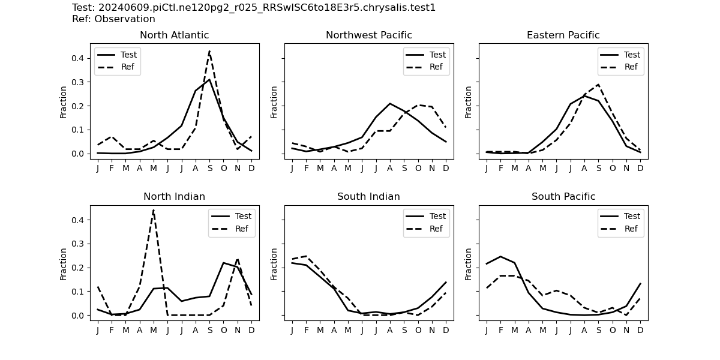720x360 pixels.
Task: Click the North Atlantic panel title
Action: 174,35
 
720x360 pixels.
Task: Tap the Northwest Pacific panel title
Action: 368,35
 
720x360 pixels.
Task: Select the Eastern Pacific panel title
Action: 563,35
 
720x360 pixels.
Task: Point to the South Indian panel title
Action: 368,197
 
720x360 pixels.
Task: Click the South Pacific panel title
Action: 563,197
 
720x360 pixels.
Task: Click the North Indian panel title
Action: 174,197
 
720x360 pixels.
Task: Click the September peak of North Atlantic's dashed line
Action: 209,51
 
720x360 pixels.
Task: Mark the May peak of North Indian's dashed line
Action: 154,210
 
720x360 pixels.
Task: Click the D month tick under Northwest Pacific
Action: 446,168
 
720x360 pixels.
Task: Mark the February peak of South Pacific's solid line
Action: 500,256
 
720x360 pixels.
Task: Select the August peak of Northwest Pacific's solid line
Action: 390,103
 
